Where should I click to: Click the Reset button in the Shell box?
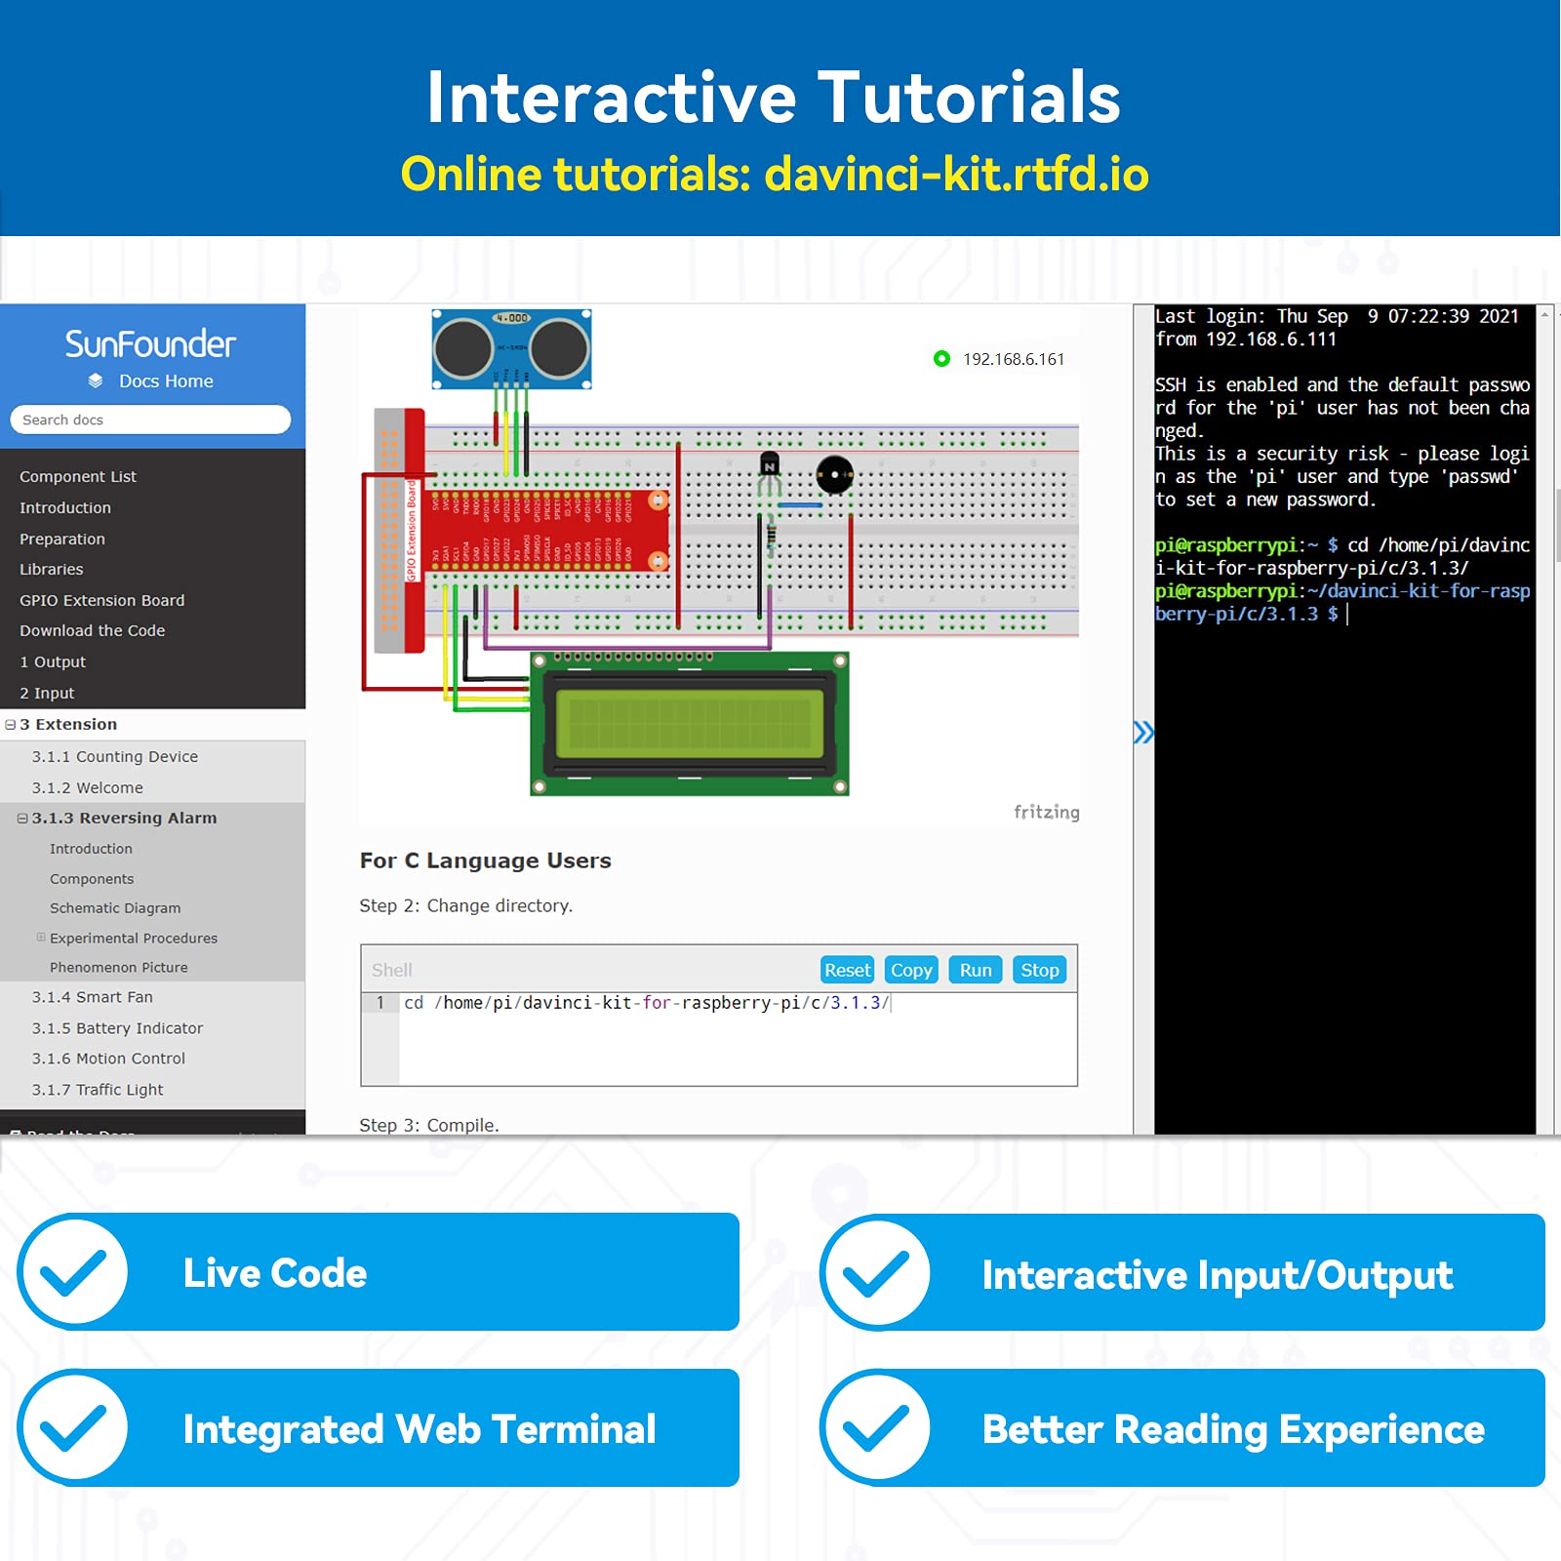pos(847,970)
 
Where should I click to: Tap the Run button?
pos(975,970)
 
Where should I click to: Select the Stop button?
pos(1039,970)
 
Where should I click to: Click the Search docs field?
pos(150,420)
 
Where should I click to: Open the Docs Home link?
pos(165,381)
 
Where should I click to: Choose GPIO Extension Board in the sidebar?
pos(101,600)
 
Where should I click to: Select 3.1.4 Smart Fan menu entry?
pos(92,997)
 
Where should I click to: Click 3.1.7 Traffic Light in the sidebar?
pos(98,1090)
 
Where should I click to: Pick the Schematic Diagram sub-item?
pos(115,908)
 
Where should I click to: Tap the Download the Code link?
pos(92,630)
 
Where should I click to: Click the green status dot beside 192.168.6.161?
pos(941,359)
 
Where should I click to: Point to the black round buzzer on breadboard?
pos(834,475)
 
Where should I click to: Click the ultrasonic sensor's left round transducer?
pos(462,348)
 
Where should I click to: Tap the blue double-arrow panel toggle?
pos(1142,732)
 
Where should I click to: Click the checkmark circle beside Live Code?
pos(73,1272)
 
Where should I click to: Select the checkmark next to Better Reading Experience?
pos(876,1428)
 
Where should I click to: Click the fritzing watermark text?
pos(1046,812)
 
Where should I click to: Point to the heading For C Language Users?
pos(485,861)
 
